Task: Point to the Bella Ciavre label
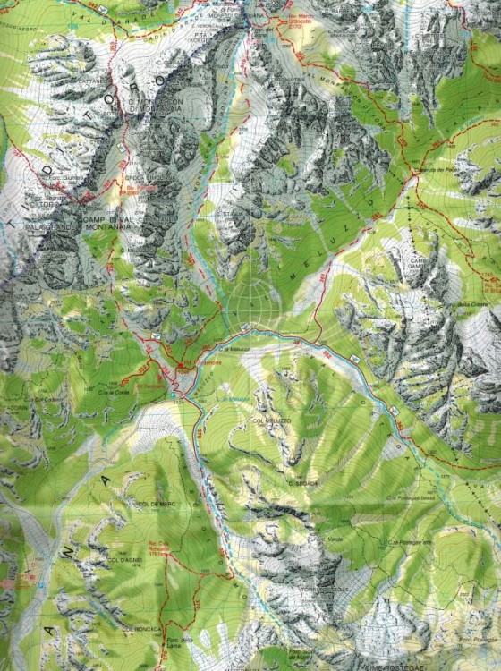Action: (x=471, y=304)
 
